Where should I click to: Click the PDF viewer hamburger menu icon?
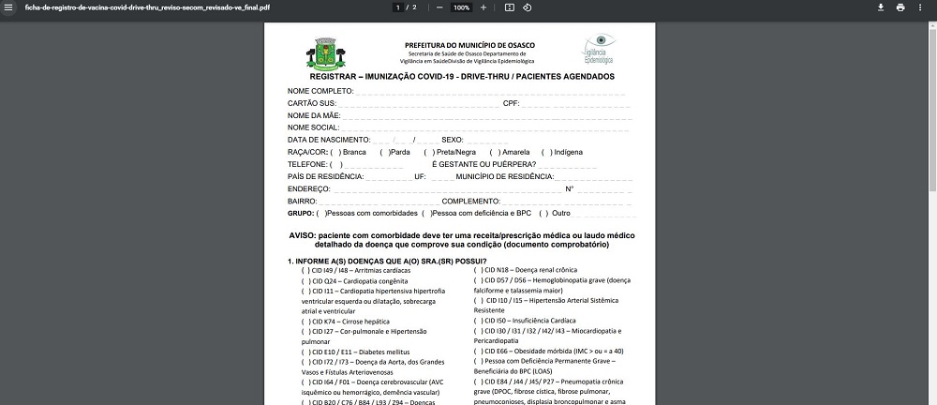pos(8,7)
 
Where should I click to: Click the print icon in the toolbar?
pos(900,7)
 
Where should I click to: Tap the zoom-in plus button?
pos(483,7)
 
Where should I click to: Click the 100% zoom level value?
pos(461,7)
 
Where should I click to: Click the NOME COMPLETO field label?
pos(320,91)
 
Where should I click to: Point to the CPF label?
pos(511,103)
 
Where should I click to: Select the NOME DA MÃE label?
pos(314,115)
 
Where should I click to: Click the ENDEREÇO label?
pos(309,188)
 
